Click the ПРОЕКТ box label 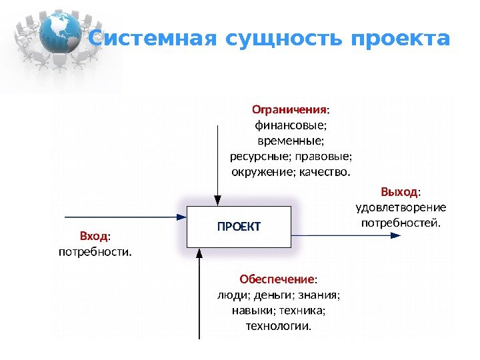pos(239,227)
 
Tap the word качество pos(326,173)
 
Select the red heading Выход pos(399,192)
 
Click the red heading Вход pos(93,236)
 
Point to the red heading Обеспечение pos(277,278)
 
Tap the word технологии pos(279,326)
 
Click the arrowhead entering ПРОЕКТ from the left pos(181,217)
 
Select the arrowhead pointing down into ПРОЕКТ pos(217,200)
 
